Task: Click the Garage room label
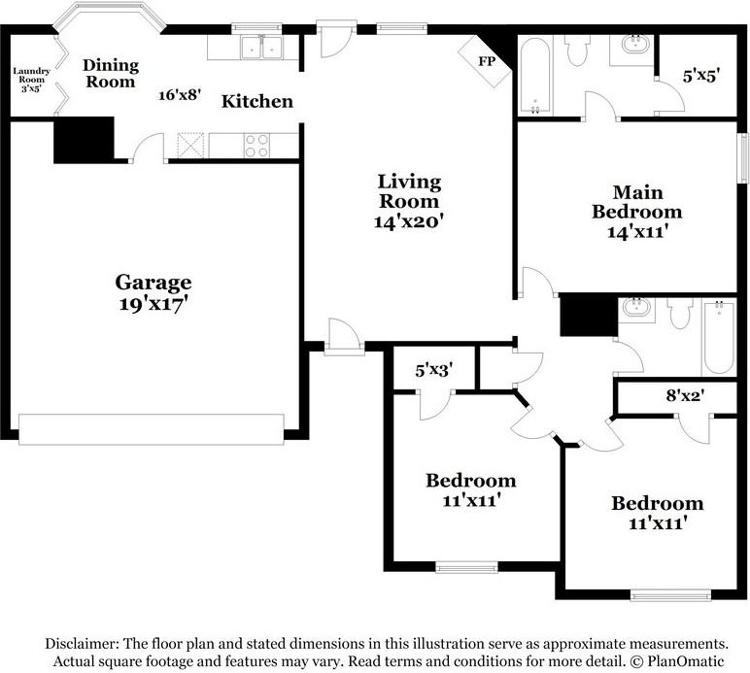point(153,282)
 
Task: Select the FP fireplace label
point(487,61)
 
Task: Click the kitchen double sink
point(261,47)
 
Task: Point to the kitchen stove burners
point(256,146)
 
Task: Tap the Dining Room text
point(111,73)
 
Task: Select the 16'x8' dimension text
point(179,94)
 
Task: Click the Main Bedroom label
point(637,202)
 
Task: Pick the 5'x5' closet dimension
point(701,76)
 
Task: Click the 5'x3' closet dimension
point(434,370)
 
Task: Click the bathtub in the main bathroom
point(535,75)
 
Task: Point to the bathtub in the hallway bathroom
point(719,337)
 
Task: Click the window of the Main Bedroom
point(743,157)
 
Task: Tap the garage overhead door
point(152,429)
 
